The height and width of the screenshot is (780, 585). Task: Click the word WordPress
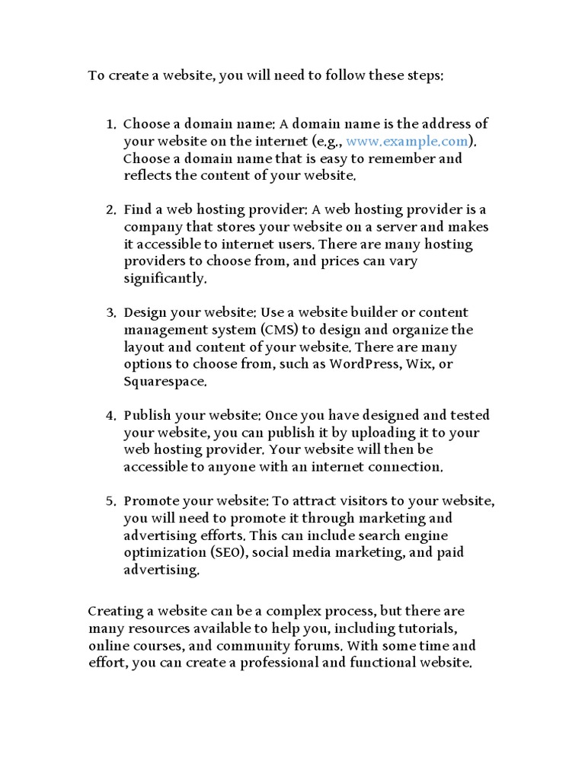click(363, 364)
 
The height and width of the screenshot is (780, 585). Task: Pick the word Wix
click(418, 364)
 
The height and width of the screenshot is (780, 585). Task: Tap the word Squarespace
click(164, 382)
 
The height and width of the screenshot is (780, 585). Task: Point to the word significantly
click(164, 279)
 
